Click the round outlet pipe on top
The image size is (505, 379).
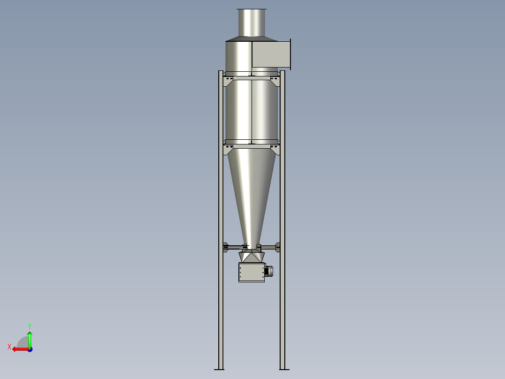[252, 23]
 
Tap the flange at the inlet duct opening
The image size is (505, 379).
[290, 54]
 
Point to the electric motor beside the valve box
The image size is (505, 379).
[269, 271]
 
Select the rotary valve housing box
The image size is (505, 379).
[251, 272]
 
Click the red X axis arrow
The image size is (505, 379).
[19, 349]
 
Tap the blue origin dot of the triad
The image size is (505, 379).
[30, 349]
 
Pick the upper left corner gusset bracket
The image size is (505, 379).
[229, 81]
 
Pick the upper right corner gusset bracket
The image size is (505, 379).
[275, 81]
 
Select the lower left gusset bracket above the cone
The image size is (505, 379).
[229, 149]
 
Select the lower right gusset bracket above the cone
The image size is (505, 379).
[275, 149]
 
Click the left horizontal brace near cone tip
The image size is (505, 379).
[234, 247]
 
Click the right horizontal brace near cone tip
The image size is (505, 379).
[268, 247]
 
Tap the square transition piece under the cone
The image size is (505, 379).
[252, 257]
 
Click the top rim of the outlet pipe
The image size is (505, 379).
[252, 9]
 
